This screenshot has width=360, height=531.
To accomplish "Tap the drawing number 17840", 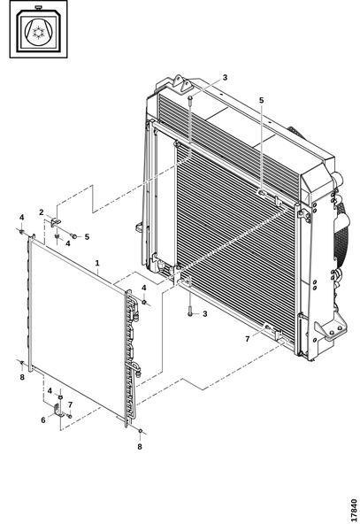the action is coord(354,510).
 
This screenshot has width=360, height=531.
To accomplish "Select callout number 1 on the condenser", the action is coord(97,263).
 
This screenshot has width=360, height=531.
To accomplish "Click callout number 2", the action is coord(42,212).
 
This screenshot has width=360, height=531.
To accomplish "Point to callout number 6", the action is coord(43,419).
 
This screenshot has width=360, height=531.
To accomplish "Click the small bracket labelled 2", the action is coord(56,222).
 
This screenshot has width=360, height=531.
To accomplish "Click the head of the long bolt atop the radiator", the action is coord(190,98).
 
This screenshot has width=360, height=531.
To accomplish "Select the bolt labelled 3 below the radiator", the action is coord(190,312).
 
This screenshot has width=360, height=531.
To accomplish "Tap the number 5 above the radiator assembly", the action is coord(261,100).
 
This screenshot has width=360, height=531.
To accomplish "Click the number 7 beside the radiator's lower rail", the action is coord(248,339).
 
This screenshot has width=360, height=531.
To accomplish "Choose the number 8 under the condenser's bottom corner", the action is coord(140,447).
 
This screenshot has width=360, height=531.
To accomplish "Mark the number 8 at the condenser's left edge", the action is coord(22,377).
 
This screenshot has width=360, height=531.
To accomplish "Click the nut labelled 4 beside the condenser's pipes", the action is coord(144,302).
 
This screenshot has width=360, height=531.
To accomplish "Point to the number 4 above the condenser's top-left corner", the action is coord(21,218).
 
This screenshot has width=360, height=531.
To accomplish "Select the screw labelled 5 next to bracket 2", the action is coord(73,235).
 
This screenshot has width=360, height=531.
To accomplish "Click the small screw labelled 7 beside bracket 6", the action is coord(70,416).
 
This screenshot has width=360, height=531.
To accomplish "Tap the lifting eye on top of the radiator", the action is coord(181,84).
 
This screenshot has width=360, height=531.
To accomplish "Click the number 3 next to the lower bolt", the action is coord(204,314).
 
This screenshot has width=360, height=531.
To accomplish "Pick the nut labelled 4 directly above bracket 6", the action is coord(60,396).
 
